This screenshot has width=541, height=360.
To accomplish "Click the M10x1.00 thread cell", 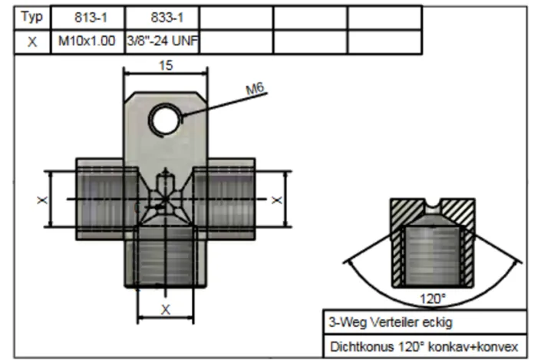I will (87, 42).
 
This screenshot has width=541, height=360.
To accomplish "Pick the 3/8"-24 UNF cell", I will (162, 42).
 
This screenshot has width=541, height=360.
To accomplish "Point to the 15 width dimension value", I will (166, 65).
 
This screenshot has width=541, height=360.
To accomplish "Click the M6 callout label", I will (255, 91).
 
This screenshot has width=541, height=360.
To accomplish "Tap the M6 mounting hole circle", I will (165, 119).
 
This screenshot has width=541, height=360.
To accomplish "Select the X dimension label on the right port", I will (277, 200).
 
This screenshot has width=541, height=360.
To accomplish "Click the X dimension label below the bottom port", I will (165, 309).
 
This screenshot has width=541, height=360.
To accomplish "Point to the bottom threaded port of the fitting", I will (165, 257).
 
